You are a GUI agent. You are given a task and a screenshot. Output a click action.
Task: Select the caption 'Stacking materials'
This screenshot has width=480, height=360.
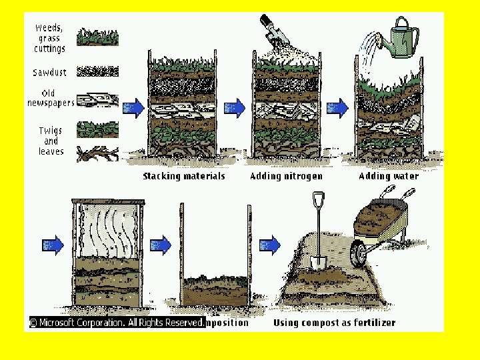click(184, 176)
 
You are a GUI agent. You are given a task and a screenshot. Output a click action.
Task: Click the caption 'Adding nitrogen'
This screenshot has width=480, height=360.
click(286, 176)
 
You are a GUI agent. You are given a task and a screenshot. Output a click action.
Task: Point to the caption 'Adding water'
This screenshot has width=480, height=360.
click(389, 176)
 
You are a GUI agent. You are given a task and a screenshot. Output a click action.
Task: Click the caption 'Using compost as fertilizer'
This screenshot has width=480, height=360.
click(335, 323)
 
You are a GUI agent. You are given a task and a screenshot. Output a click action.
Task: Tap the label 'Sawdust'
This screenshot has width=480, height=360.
click(49, 72)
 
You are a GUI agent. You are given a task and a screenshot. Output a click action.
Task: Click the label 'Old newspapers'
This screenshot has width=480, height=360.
click(50, 98)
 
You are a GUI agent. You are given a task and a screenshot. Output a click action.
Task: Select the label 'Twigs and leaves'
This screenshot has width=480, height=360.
click(51, 141)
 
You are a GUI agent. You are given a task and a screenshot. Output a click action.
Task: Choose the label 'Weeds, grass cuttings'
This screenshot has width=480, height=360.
click(49, 38)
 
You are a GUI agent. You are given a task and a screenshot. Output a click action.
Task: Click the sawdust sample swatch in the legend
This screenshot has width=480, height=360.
click(98, 71)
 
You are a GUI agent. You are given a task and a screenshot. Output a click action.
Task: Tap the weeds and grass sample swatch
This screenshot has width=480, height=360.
click(98, 37)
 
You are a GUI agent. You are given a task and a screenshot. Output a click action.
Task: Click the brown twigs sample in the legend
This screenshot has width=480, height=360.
click(98, 154)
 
